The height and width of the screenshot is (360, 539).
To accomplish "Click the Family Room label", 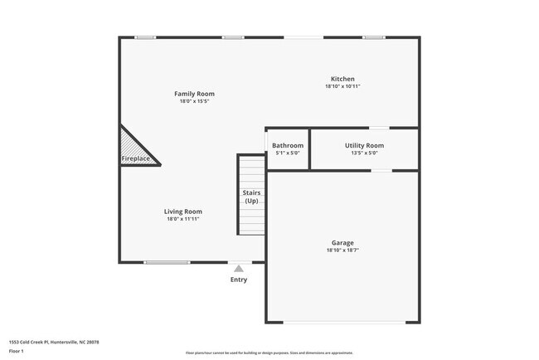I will [194, 94].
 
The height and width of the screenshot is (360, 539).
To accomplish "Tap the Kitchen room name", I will [342, 79].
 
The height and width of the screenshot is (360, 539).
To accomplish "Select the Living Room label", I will [182, 212].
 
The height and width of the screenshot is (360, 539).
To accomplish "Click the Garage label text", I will [342, 243].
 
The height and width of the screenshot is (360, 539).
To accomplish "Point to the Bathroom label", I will [288, 145].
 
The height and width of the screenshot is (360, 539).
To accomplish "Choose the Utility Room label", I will [364, 145].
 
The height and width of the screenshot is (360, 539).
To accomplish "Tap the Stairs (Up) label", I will [251, 197].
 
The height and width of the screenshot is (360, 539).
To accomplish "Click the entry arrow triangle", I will [239, 268].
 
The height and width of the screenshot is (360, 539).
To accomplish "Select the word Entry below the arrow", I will [239, 280].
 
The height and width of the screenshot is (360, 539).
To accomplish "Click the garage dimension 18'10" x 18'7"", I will [342, 250].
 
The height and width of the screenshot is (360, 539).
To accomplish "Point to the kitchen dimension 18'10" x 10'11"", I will [342, 86].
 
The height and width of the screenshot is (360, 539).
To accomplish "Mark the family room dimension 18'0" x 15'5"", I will [194, 101].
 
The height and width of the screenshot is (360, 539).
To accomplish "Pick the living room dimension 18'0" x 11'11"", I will [182, 219].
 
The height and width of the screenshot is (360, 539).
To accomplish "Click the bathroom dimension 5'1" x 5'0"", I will [288, 153].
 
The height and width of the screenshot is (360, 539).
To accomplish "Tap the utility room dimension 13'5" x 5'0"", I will [364, 153].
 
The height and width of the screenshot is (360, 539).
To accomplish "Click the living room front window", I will [167, 262].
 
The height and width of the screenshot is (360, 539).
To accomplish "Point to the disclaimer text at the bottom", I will [269, 353].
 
